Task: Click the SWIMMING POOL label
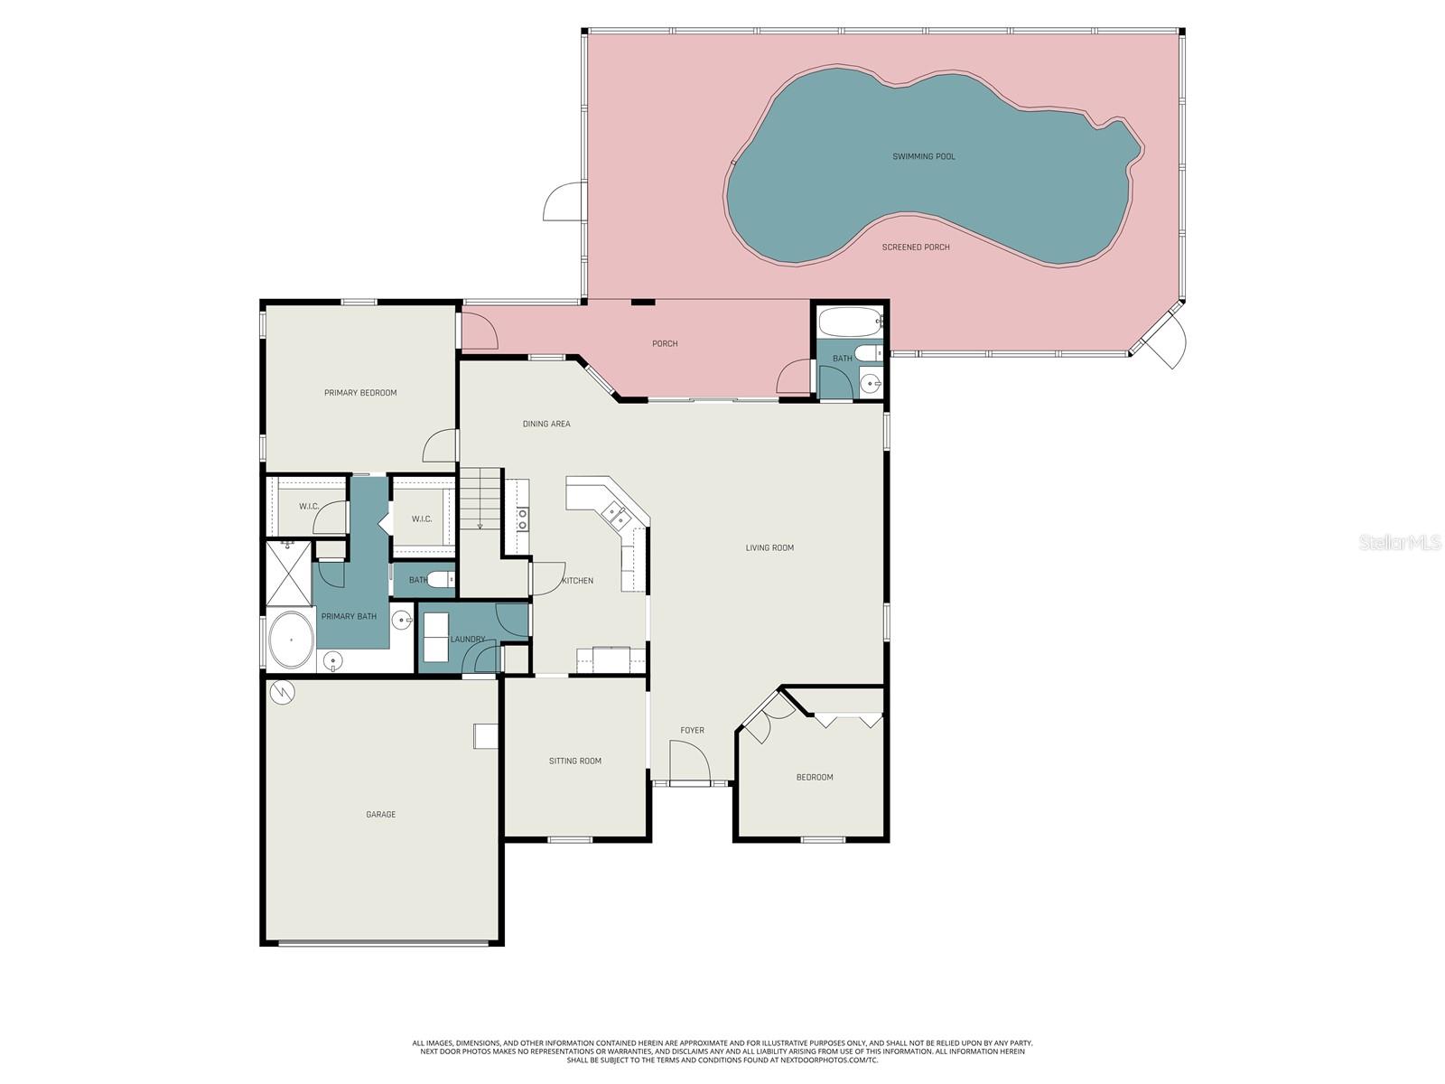click(923, 156)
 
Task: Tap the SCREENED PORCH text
click(916, 247)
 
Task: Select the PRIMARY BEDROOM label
click(360, 393)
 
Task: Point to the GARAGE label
click(380, 815)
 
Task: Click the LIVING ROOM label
click(769, 547)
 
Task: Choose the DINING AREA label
click(546, 424)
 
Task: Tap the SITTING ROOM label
click(575, 761)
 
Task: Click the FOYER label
click(692, 730)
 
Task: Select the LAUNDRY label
click(468, 640)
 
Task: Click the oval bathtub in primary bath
click(291, 640)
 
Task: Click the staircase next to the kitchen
click(480, 499)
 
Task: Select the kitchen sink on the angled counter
click(615, 515)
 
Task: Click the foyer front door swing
click(688, 761)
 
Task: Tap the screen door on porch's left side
click(564, 202)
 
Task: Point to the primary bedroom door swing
click(442, 444)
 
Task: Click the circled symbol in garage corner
click(283, 692)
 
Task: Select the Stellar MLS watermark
click(1399, 543)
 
